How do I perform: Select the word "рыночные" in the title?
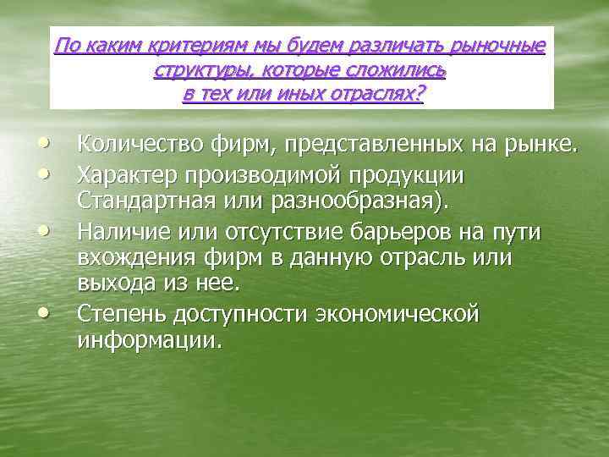click(x=498, y=46)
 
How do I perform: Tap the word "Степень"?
click(x=121, y=314)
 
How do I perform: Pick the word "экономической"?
click(x=397, y=314)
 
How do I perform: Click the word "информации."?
click(x=149, y=340)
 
